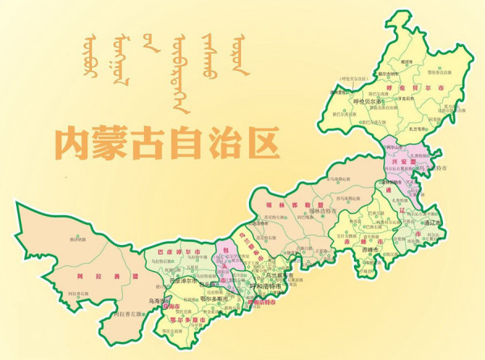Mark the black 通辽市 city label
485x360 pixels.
[432, 222]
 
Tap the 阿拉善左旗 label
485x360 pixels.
[130, 312]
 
